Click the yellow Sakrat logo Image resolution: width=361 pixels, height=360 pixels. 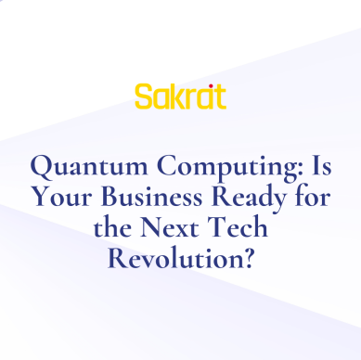coord(180,96)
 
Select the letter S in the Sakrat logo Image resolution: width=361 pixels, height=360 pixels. coord(143,96)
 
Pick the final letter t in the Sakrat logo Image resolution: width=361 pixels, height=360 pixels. coord(219,96)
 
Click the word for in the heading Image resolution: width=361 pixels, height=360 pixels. coord(312,199)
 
